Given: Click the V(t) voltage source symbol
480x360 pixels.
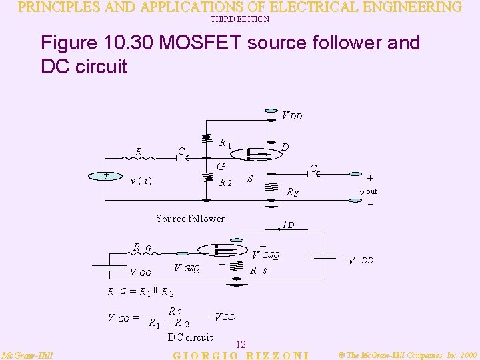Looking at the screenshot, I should (x=105, y=177).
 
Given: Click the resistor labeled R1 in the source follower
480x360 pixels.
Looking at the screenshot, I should (x=204, y=141).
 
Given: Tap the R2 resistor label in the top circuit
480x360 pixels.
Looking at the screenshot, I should (x=225, y=183).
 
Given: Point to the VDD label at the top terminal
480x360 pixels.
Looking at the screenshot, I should (x=292, y=115).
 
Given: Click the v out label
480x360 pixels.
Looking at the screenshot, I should (x=368, y=192).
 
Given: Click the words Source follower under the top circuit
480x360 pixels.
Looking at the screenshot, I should (x=190, y=218).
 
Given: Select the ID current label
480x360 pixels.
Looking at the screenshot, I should (x=288, y=225).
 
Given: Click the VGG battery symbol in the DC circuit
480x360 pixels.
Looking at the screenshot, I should (x=105, y=267).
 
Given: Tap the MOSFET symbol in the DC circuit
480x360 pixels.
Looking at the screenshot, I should (x=220, y=251).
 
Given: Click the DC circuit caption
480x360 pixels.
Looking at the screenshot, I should (x=190, y=337).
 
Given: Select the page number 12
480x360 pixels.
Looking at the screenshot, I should (x=241, y=345).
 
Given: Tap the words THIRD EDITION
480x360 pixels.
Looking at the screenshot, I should (x=240, y=19).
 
